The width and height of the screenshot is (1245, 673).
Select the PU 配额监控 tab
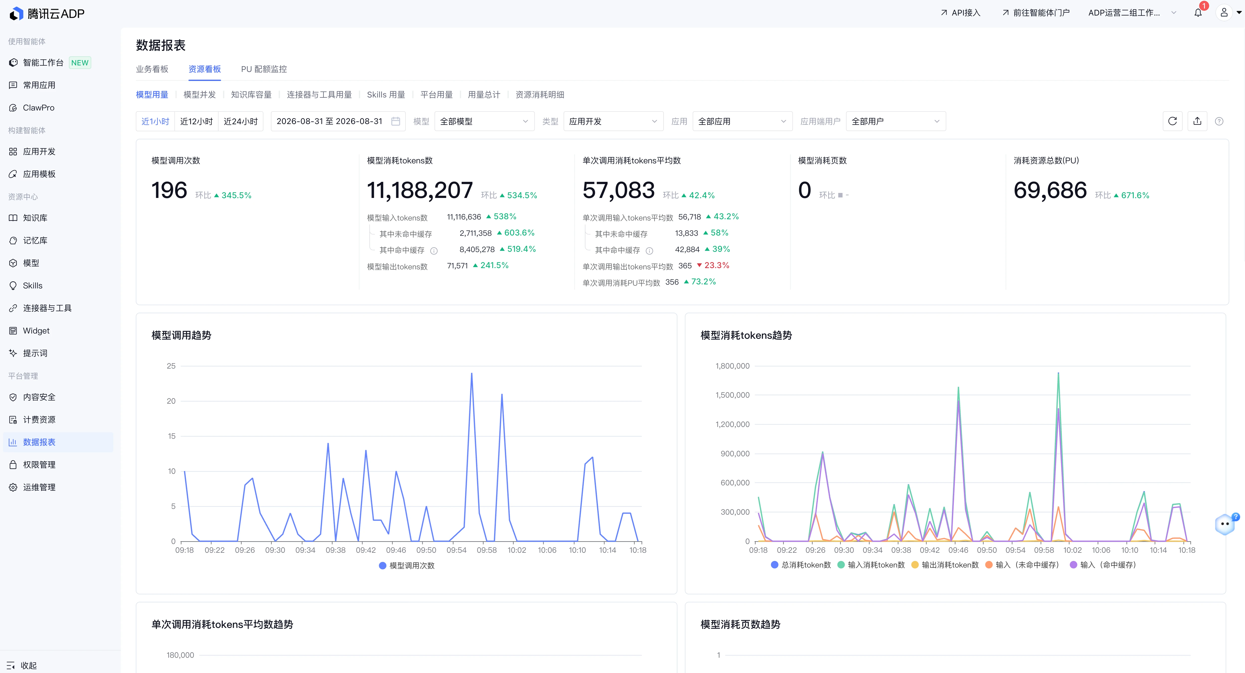pyautogui.click(x=264, y=69)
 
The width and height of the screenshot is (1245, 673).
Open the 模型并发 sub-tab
pyautogui.click(x=199, y=95)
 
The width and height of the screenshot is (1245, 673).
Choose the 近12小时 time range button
pyautogui.click(x=196, y=121)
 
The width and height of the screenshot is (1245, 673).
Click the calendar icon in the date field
pyautogui.click(x=395, y=121)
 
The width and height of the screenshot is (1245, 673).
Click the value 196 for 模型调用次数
pyautogui.click(x=169, y=190)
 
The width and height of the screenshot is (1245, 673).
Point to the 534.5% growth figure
pyautogui.click(x=522, y=195)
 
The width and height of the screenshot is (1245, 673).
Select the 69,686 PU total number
pyautogui.click(x=1050, y=190)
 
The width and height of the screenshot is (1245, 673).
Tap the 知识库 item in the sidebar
pyautogui.click(x=35, y=218)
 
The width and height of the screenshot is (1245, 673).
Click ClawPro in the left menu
pyautogui.click(x=39, y=108)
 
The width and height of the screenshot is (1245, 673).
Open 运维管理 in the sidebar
pyautogui.click(x=39, y=487)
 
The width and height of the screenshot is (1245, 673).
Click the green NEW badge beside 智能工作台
pyautogui.click(x=80, y=63)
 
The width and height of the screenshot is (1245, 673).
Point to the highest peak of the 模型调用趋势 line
pyautogui.click(x=472, y=374)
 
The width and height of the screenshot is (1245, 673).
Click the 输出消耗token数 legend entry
pyautogui.click(x=945, y=565)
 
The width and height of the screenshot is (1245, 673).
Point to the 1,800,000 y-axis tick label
pyautogui.click(x=732, y=366)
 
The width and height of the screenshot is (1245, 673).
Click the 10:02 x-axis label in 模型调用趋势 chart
pyautogui.click(x=517, y=550)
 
